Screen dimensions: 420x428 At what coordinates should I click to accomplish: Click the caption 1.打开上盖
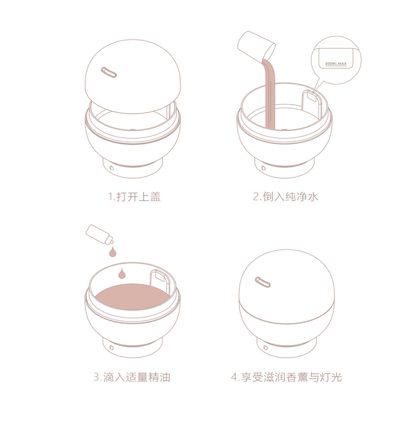point(134,197)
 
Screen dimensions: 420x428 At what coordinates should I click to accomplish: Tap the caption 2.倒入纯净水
point(286,197)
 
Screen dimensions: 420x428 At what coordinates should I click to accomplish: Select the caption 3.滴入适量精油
point(132,377)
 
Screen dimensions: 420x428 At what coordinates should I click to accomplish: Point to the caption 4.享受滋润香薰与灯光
point(286,377)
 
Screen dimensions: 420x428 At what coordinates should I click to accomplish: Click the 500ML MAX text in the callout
point(335,64)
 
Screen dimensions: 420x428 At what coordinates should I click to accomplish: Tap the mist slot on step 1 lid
point(109,72)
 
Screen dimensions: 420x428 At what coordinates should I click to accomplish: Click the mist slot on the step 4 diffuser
point(263,282)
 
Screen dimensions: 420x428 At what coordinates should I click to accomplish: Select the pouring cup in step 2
point(256,45)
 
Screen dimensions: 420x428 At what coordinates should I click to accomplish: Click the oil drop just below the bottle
point(113,252)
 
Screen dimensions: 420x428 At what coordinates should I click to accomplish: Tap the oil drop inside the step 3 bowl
point(122,274)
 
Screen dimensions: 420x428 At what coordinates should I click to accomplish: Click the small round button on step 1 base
point(111,168)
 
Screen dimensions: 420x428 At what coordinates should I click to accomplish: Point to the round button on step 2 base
point(263,168)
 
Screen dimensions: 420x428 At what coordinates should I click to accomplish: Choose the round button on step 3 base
point(111,347)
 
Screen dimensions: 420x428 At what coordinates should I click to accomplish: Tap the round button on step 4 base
point(265,347)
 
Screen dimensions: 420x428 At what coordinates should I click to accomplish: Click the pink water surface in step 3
point(132,297)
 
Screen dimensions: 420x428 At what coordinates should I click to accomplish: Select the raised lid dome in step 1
point(133,76)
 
